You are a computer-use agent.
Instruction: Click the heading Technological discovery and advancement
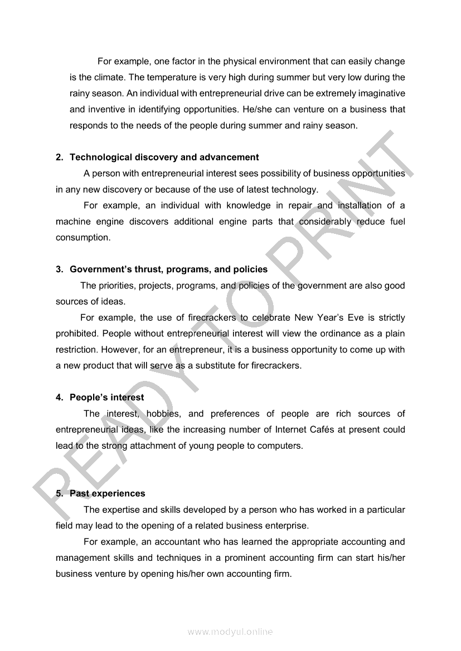click(164, 158)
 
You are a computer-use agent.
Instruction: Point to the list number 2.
click(59, 158)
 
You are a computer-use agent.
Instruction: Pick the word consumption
click(81, 238)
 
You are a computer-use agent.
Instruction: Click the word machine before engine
click(72, 222)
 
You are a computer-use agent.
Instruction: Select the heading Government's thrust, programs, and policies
click(168, 270)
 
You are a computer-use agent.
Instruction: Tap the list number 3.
click(59, 270)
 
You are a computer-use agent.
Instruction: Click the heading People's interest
click(106, 398)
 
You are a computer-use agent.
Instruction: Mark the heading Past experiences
click(107, 494)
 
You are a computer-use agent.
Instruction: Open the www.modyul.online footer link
click(230, 632)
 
